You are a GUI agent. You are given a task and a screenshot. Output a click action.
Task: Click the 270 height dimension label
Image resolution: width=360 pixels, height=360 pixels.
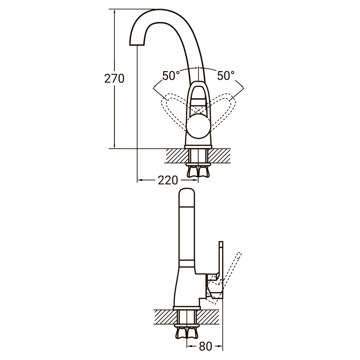[114, 78]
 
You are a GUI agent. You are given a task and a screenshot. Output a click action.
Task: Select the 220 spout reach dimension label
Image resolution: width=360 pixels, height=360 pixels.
[168, 180]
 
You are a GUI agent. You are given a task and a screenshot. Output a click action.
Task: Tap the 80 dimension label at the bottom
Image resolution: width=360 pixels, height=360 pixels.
[205, 346]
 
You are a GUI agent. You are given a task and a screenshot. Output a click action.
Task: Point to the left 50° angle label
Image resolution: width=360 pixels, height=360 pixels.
[171, 76]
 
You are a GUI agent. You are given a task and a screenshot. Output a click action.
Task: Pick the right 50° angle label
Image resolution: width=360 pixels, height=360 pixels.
[226, 76]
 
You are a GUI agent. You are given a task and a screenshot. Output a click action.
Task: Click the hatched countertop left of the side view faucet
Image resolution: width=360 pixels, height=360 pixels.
[164, 316]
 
